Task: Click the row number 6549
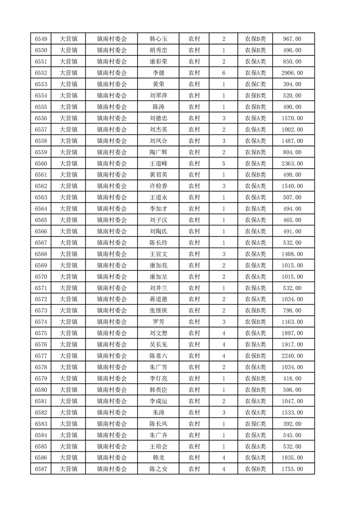click(x=41, y=39)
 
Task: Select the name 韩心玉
click(x=158, y=39)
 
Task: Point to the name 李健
click(x=158, y=73)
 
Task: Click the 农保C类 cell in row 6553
click(x=256, y=84)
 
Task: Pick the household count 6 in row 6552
click(x=224, y=73)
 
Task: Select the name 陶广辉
click(x=158, y=152)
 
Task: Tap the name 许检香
click(x=158, y=186)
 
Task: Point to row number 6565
click(x=41, y=220)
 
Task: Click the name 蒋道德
click(x=158, y=299)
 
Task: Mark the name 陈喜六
click(x=158, y=356)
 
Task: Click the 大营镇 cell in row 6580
click(x=69, y=390)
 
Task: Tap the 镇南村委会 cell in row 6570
click(x=112, y=277)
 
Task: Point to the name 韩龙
click(x=158, y=458)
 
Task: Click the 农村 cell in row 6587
click(x=194, y=469)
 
